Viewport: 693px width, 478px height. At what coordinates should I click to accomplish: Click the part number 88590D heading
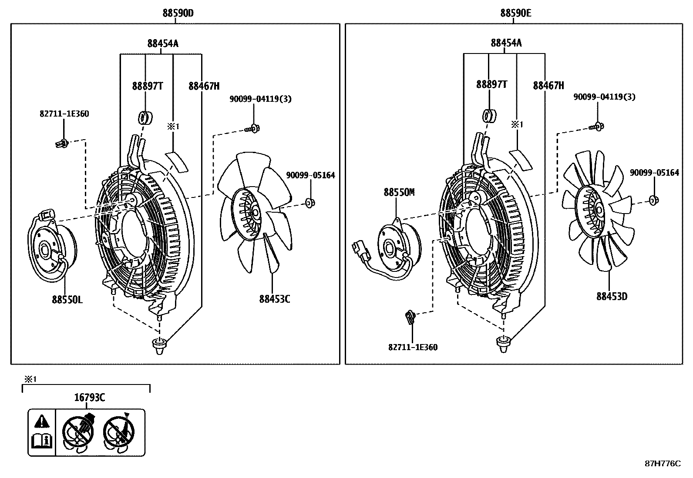click(x=178, y=13)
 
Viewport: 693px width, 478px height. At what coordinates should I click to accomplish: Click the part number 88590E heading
click(x=515, y=13)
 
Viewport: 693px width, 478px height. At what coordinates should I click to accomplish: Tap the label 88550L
click(x=67, y=300)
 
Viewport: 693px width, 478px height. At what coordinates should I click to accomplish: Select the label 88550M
click(x=399, y=192)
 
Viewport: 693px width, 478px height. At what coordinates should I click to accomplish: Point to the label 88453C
click(x=274, y=299)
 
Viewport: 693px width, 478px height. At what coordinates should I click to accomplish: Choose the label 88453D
click(x=612, y=297)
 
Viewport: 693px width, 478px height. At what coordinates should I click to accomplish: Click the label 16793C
click(x=89, y=397)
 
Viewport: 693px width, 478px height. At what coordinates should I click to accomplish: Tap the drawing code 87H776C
click(x=662, y=464)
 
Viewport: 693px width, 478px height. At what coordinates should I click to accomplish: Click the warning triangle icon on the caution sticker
click(x=42, y=421)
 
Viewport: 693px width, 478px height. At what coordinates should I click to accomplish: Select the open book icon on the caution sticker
click(x=42, y=441)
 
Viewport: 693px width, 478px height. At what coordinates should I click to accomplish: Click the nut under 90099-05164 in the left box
click(x=310, y=202)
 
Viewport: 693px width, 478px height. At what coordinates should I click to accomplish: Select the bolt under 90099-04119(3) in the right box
click(x=596, y=127)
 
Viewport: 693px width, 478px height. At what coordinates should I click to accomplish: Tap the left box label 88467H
click(x=204, y=86)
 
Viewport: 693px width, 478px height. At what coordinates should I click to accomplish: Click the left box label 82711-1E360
click(x=64, y=114)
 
